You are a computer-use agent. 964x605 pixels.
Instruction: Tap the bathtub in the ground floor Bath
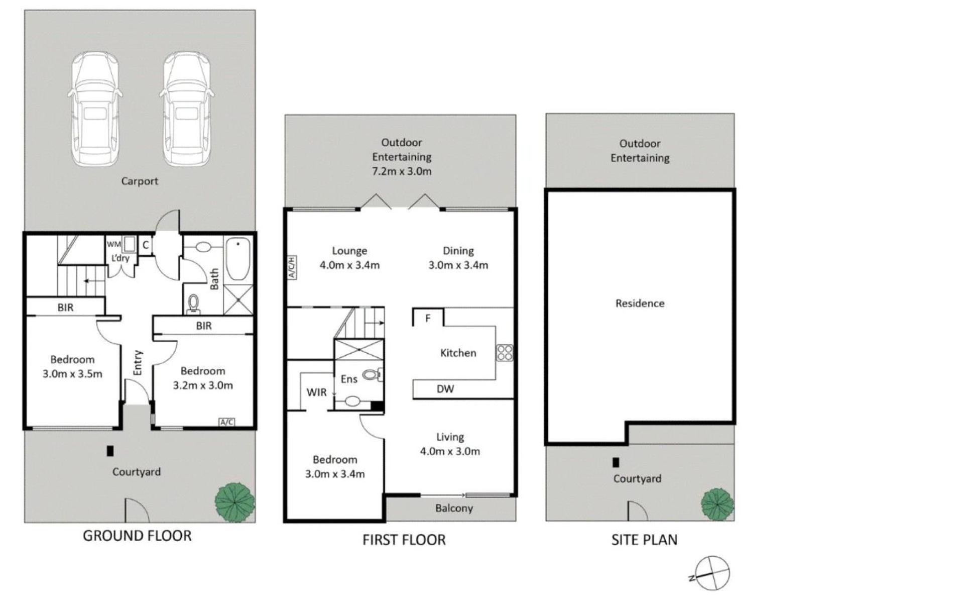[x=237, y=260]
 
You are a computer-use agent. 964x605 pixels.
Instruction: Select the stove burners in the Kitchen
[x=505, y=353]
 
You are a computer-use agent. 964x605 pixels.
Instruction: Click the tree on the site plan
[x=717, y=504]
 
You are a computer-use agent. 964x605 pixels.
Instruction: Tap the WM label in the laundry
[x=113, y=244]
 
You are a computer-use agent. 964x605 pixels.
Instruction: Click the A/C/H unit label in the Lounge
[x=292, y=267]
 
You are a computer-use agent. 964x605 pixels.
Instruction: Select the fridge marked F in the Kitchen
[x=428, y=318]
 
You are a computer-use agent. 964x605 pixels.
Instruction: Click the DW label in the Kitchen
[x=445, y=388]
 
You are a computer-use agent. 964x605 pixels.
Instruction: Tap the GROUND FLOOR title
[x=137, y=536]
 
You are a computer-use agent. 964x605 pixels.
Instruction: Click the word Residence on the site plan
[x=640, y=303]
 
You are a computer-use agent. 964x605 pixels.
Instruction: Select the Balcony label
[x=454, y=508]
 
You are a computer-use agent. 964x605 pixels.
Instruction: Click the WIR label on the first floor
[x=316, y=392]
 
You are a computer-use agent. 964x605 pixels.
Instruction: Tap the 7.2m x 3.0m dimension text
[x=402, y=171]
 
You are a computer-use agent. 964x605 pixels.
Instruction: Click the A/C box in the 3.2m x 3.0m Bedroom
[x=227, y=422]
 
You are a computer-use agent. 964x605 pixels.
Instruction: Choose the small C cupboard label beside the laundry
[x=146, y=245]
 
